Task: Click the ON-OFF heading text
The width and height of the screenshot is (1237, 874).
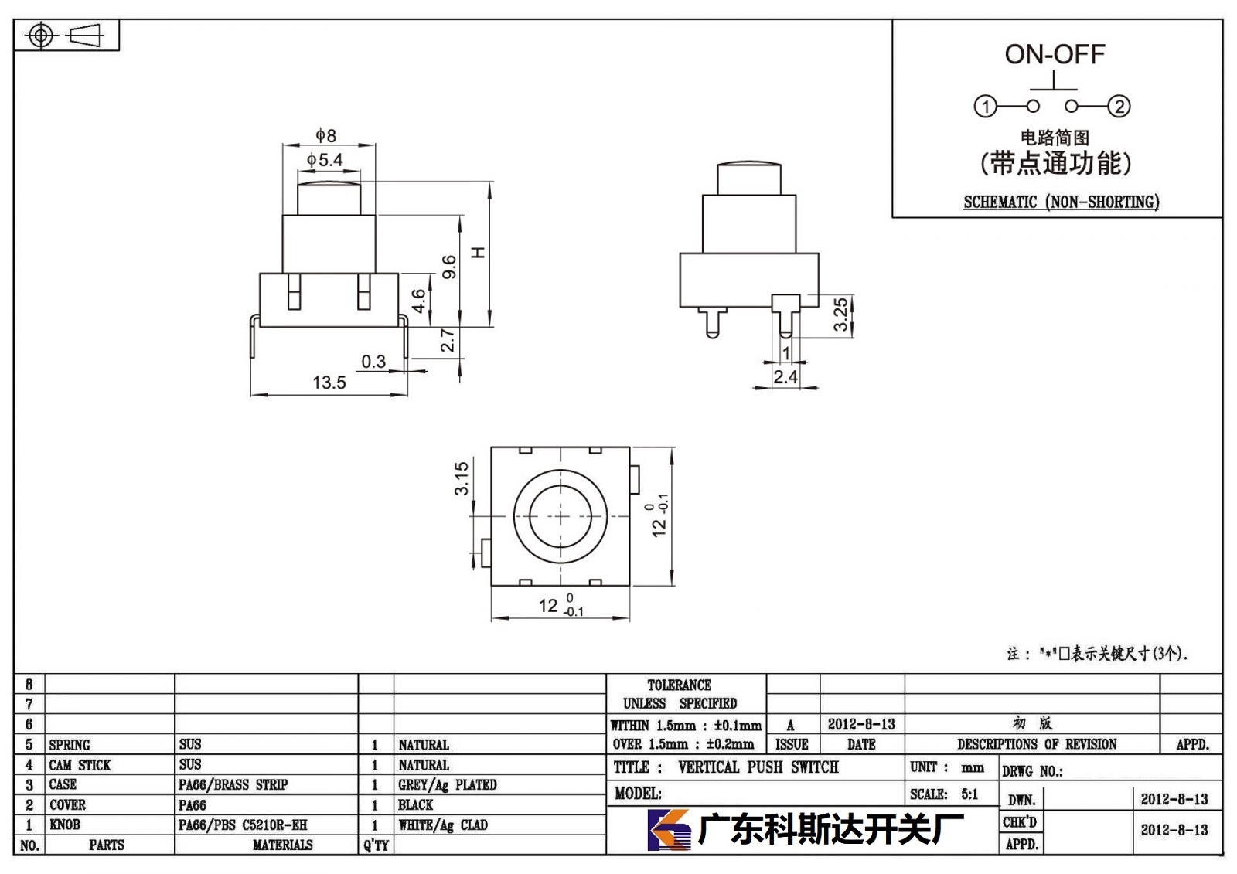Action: pos(1055,55)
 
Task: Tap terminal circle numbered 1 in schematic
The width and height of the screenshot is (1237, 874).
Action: pos(985,106)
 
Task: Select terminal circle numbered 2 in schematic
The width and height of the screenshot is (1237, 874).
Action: pos(1119,106)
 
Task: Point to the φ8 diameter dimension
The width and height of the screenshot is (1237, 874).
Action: pos(325,135)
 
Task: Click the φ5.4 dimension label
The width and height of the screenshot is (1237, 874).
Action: pos(325,160)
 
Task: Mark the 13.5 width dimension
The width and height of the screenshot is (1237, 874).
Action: pos(329,382)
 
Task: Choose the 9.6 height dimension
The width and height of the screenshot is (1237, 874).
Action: pos(449,267)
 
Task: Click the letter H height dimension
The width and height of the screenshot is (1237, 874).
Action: pos(479,253)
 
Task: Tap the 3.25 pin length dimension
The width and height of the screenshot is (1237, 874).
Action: pos(840,315)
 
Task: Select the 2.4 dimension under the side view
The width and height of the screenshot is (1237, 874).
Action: pos(785,377)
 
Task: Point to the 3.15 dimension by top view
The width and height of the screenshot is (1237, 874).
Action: pos(461,478)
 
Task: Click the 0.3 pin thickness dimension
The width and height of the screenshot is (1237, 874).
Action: pos(373,362)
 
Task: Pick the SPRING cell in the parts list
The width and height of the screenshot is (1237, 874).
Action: pos(70,745)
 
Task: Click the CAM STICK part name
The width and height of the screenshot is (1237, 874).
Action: pos(80,765)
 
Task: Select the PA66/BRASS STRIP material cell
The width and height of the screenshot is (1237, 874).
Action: pos(233,784)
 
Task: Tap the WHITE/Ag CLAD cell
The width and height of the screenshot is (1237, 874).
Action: pos(443,825)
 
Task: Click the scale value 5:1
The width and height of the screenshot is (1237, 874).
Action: pos(969,794)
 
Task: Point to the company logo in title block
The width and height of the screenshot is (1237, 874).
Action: pos(670,830)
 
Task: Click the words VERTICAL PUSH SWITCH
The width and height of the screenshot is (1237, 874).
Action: pos(758,767)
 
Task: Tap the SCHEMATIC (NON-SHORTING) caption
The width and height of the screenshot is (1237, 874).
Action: pos(1062,202)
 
